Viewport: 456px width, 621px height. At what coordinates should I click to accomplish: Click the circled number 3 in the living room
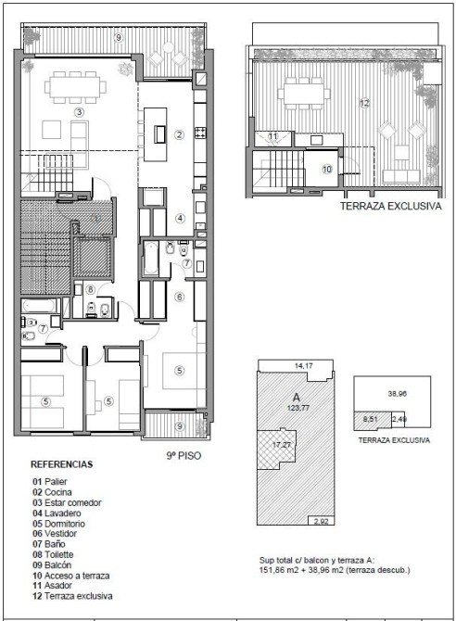[79, 112]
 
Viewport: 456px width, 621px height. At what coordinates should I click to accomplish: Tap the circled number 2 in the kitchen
[180, 134]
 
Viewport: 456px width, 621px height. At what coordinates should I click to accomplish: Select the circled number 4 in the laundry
[180, 218]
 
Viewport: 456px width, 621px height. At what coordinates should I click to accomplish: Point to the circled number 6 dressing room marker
[180, 297]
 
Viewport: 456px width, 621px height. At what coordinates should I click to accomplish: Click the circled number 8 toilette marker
[90, 290]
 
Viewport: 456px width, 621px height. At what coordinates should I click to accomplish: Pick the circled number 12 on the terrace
[364, 104]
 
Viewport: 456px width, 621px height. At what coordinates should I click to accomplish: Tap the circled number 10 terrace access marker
[327, 170]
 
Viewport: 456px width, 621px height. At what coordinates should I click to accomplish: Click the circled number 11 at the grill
[273, 136]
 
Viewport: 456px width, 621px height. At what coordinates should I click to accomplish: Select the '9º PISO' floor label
[184, 455]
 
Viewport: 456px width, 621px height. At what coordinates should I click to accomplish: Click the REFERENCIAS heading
[62, 464]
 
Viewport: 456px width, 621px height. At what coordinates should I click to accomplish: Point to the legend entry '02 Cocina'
[52, 492]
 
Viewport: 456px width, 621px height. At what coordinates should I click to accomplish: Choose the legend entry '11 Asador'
[52, 586]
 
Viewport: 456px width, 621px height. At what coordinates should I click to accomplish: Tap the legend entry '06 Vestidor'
[55, 534]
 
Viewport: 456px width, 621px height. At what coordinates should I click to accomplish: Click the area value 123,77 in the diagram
[298, 408]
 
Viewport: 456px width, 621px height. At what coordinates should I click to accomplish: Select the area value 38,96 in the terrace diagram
[398, 394]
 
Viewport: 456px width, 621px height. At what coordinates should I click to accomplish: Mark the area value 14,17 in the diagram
[303, 366]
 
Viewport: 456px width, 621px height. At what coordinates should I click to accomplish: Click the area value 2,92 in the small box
[322, 521]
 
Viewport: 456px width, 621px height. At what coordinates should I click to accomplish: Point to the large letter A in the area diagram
[297, 398]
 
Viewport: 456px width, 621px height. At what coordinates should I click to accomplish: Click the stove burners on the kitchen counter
[200, 133]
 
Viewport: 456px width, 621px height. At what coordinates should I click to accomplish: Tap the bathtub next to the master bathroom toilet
[151, 258]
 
